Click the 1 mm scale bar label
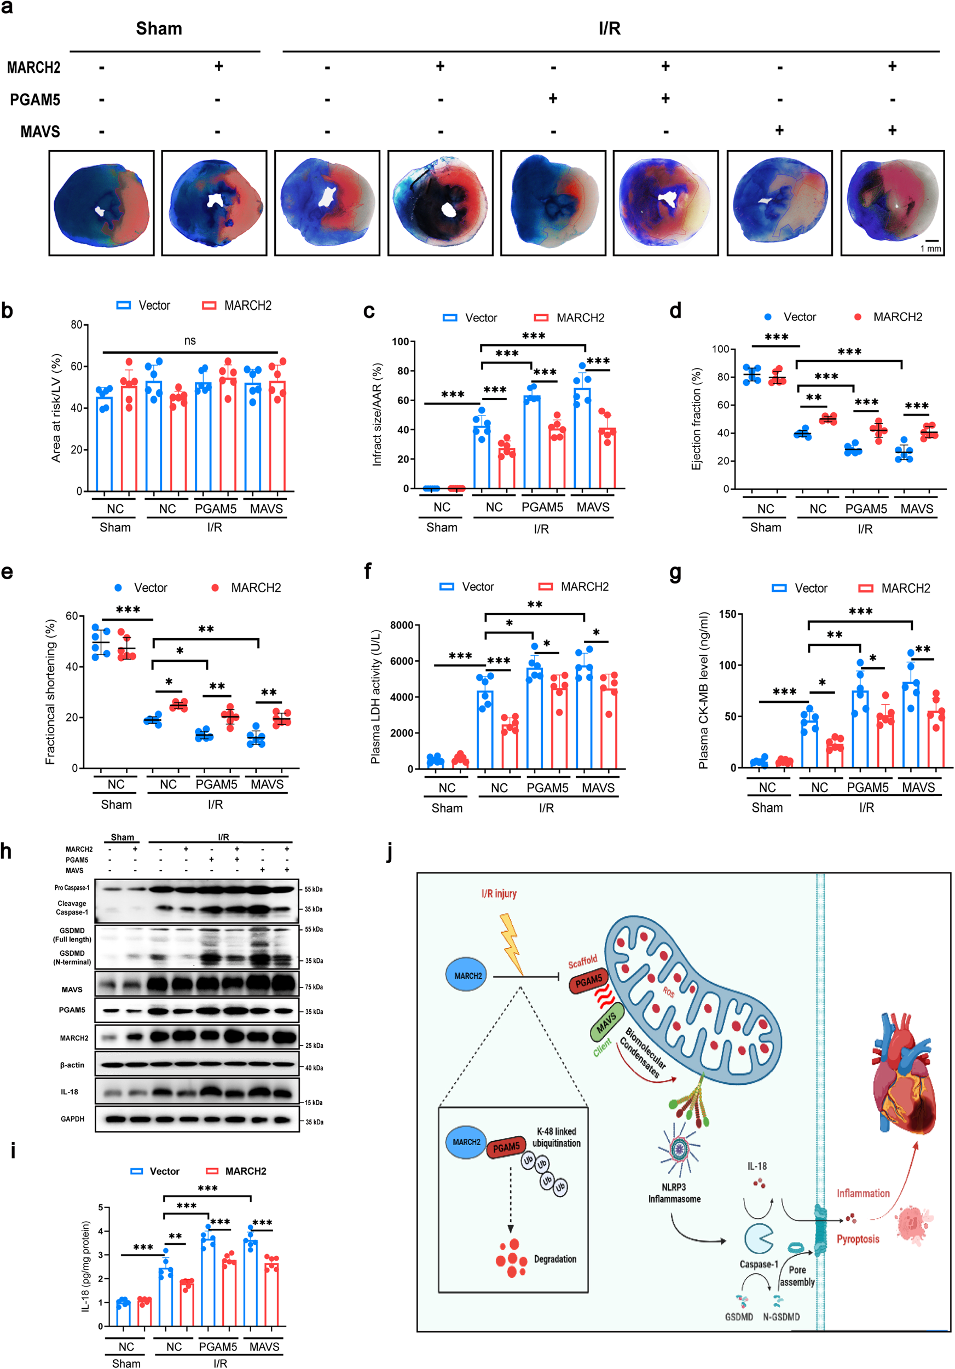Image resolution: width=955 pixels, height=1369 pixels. click(x=930, y=248)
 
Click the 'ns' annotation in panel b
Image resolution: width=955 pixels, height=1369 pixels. click(x=189, y=340)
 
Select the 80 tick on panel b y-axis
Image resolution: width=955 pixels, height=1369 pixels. click(x=76, y=325)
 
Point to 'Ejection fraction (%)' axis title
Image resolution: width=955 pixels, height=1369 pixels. click(x=696, y=419)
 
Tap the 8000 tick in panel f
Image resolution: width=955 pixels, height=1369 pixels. click(x=402, y=625)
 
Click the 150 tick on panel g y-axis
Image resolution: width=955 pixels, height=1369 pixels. click(x=727, y=614)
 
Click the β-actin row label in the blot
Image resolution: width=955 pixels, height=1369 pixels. click(x=72, y=1065)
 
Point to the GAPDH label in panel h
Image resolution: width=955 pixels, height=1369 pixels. click(x=72, y=1119)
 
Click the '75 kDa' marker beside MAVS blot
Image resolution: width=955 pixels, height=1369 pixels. click(x=314, y=987)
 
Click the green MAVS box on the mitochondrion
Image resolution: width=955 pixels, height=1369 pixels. click(x=606, y=1023)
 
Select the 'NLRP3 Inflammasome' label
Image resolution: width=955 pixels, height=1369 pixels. click(x=674, y=1193)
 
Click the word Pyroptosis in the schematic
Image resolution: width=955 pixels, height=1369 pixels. click(x=857, y=1239)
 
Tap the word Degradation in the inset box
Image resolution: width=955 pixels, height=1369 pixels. click(x=555, y=1258)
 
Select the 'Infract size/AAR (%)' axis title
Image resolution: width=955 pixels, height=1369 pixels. click(x=377, y=414)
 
